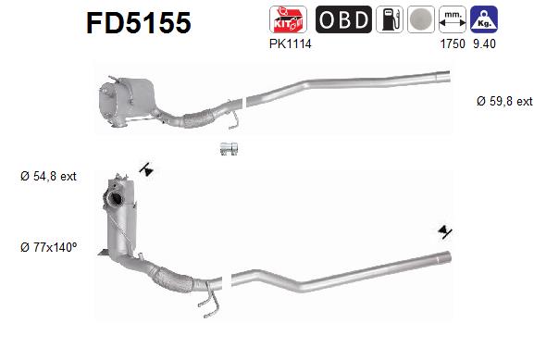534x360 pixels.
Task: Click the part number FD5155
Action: (139, 22)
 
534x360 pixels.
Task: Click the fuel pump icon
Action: (391, 19)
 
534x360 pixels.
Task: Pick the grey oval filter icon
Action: (421, 19)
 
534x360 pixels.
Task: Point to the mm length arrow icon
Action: (452, 19)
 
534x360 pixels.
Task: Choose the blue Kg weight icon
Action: (481, 19)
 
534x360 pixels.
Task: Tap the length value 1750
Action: (452, 43)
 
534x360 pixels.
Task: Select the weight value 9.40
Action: (482, 43)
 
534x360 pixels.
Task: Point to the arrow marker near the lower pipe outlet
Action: (446, 231)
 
